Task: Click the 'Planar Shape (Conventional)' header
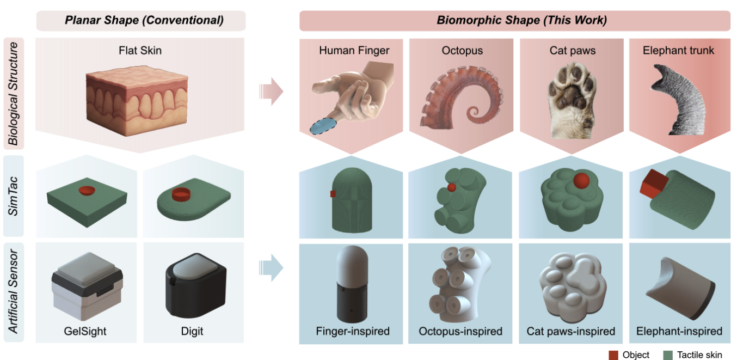[x=140, y=21]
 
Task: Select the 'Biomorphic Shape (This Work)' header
[x=514, y=21]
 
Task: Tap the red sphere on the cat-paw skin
[x=580, y=181]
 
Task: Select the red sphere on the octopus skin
[x=452, y=187]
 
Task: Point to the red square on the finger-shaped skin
[x=333, y=194]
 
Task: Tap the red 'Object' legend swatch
[x=613, y=355]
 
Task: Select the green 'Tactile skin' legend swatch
[x=668, y=355]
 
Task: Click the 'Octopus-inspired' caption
[x=460, y=331]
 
